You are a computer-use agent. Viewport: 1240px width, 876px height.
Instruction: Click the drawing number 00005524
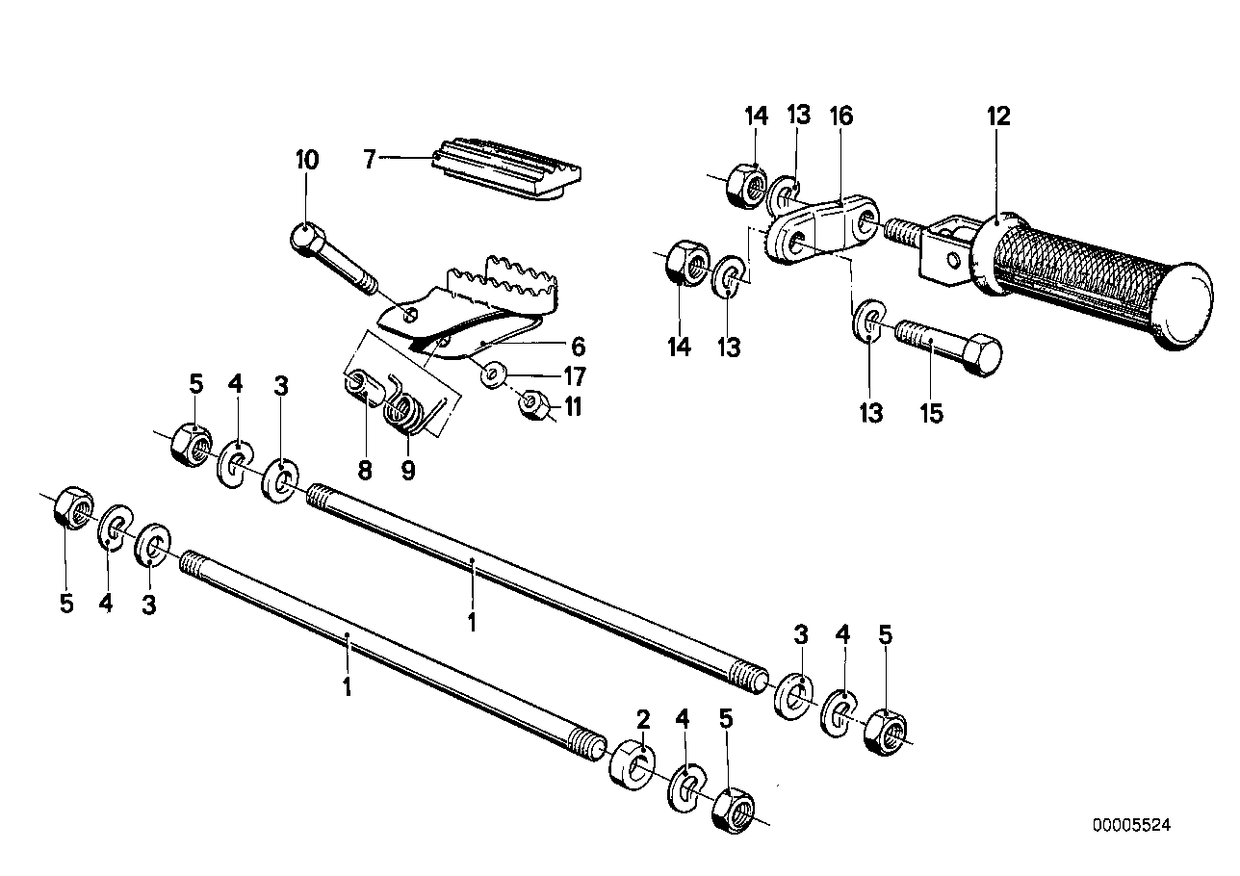[1131, 825]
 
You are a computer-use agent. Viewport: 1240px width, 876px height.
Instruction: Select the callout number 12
[998, 116]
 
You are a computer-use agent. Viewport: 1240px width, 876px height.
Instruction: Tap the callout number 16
[840, 116]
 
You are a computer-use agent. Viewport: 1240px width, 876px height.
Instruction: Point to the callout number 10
[306, 160]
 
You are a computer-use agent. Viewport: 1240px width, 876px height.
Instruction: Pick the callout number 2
[643, 719]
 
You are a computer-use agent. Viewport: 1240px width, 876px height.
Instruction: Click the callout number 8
[364, 471]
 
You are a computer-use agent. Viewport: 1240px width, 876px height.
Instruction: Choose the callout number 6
[577, 347]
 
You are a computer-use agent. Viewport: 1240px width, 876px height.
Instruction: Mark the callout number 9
[408, 471]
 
